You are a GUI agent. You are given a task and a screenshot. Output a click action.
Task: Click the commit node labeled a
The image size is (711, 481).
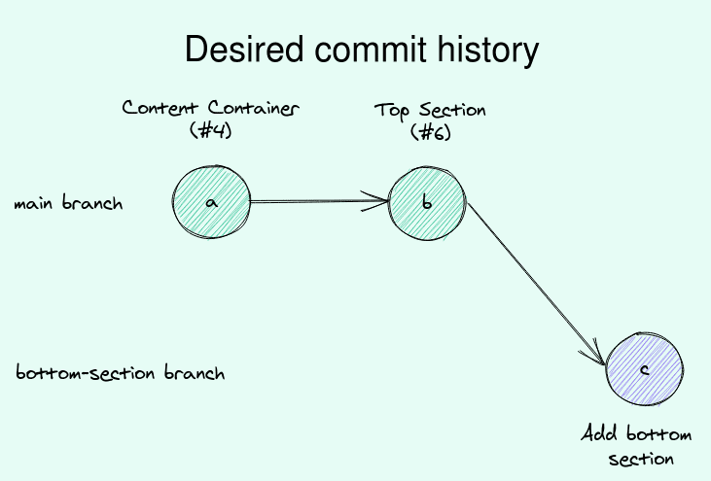pyautogui.click(x=211, y=202)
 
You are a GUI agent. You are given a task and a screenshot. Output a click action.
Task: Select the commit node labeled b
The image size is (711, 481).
pyautogui.click(x=427, y=203)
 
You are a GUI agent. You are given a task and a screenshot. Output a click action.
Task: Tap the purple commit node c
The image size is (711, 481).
pyautogui.click(x=645, y=369)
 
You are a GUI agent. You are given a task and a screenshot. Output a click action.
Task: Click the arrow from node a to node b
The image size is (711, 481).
pyautogui.click(x=319, y=201)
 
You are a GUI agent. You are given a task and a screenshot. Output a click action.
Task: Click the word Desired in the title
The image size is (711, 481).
pyautogui.click(x=244, y=49)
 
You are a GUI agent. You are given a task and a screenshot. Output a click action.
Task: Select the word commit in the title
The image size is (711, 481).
pyautogui.click(x=371, y=49)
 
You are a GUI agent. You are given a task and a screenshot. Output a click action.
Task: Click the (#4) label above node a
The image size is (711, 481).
pyautogui.click(x=211, y=130)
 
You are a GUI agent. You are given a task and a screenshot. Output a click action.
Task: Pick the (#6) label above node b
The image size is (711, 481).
pyautogui.click(x=431, y=132)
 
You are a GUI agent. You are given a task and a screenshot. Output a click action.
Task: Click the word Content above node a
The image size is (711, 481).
pyautogui.click(x=160, y=108)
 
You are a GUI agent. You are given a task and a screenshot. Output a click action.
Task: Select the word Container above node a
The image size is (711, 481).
pyautogui.click(x=254, y=108)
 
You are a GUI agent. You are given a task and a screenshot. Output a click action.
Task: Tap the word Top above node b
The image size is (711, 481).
pyautogui.click(x=392, y=112)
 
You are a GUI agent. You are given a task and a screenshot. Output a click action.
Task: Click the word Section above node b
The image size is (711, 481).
pyautogui.click(x=452, y=110)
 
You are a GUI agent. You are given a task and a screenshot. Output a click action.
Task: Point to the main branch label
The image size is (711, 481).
pyautogui.click(x=68, y=203)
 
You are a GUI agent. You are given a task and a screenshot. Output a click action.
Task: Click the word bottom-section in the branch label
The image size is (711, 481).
pyautogui.click(x=86, y=372)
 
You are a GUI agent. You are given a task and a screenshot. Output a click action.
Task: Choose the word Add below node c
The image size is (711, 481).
pyautogui.click(x=599, y=433)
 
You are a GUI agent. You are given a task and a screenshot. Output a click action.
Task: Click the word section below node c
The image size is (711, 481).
pyautogui.click(x=641, y=460)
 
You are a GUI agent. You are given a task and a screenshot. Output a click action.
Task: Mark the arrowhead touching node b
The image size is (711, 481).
pyautogui.click(x=376, y=201)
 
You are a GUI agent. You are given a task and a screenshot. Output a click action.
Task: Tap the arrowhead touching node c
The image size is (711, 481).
pyautogui.click(x=594, y=354)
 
